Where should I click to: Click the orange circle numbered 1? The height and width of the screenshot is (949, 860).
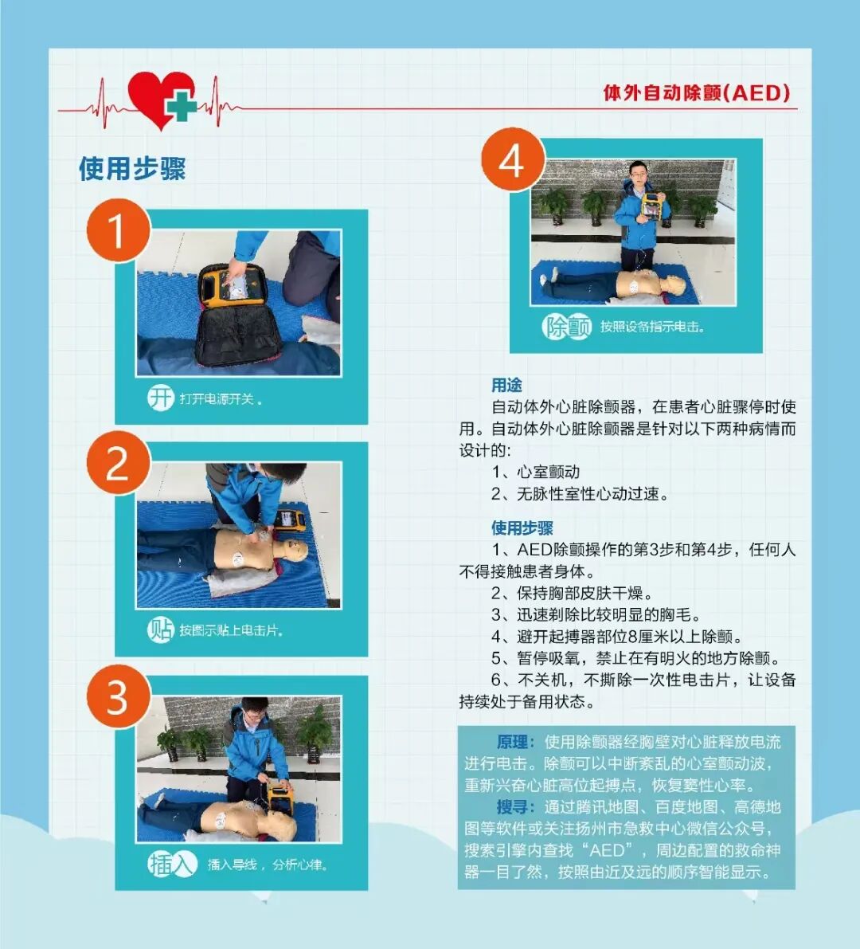coord(119,230)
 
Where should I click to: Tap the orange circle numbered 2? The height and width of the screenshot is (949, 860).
coord(119,463)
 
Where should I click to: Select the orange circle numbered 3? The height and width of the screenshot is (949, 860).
coord(119,696)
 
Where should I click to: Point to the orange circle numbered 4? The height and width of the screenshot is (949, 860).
coord(513,159)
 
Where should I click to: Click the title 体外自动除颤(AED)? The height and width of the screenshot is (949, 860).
coord(697,92)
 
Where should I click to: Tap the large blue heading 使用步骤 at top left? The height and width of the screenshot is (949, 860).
coord(132,168)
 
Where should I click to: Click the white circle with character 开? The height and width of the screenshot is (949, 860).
coord(161,398)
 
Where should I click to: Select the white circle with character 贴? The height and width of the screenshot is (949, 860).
coord(161,629)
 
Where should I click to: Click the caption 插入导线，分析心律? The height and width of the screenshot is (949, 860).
coord(268,865)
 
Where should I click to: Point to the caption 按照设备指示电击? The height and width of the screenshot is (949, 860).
coord(652,327)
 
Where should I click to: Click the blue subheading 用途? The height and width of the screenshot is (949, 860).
coord(506,385)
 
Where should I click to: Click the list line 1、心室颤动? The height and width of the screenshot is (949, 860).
coord(536,472)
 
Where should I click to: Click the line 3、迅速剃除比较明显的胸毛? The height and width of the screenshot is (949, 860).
coord(596,614)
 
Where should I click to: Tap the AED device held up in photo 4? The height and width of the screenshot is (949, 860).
coord(651,206)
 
